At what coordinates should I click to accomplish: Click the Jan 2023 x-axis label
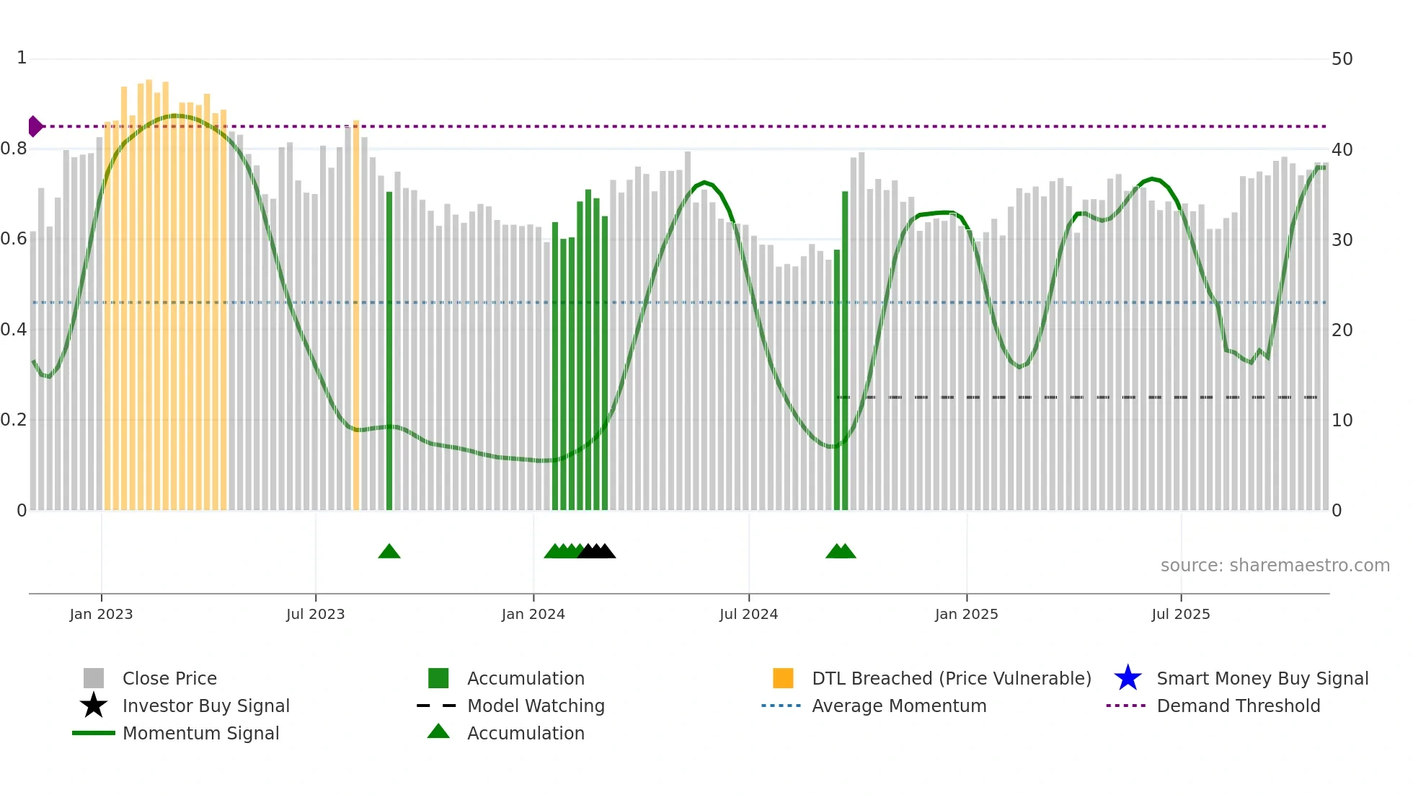point(101,614)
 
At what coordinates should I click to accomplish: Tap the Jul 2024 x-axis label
point(748,614)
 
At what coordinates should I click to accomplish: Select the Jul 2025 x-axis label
point(1180,614)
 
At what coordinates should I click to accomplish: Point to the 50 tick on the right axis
point(1342,59)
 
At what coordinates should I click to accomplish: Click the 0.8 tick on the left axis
point(14,149)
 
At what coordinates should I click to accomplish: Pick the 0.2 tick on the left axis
point(14,420)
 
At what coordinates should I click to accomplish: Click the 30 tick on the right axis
point(1342,240)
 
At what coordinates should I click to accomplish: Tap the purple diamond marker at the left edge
point(35,126)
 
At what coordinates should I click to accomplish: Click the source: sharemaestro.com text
point(1275,566)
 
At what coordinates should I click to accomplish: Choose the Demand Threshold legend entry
point(1238,706)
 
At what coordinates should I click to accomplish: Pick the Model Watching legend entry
point(535,706)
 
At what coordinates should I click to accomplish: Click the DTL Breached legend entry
point(951,678)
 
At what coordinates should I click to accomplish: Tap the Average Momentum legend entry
point(898,706)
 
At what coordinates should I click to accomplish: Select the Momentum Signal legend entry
point(200,733)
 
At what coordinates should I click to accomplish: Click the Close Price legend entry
point(169,678)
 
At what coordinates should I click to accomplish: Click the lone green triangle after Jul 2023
point(389,552)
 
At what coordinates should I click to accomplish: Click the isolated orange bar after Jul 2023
point(356,317)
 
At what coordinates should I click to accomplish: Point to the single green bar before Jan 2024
point(389,353)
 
